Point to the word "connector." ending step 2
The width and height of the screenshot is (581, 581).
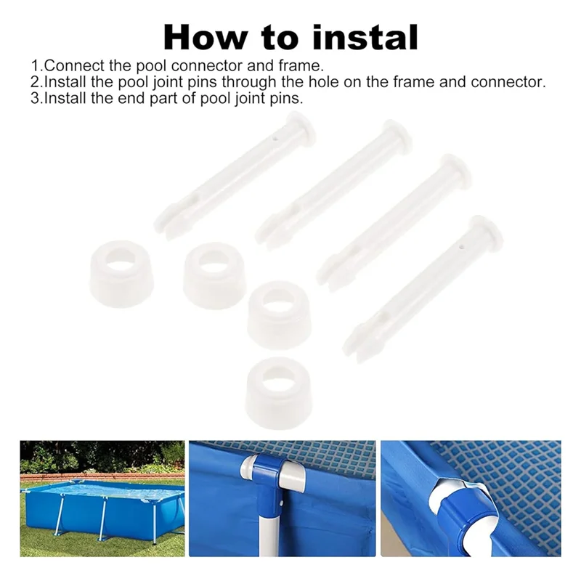(508, 82)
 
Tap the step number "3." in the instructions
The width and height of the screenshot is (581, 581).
(37, 98)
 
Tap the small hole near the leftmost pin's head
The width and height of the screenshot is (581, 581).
(274, 139)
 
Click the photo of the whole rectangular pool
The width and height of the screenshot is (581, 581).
(102, 498)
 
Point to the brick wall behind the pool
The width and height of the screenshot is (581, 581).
(102, 476)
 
